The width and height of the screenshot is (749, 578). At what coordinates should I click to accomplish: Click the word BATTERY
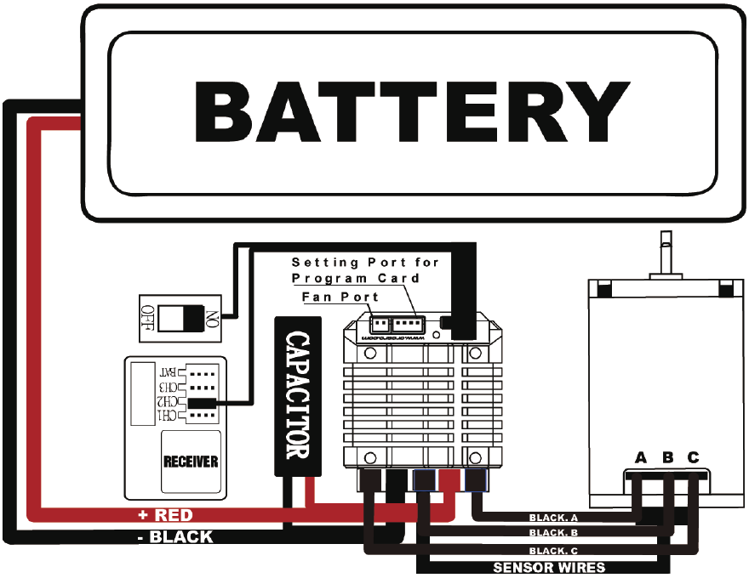click(412, 112)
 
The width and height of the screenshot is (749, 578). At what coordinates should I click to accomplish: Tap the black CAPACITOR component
click(297, 396)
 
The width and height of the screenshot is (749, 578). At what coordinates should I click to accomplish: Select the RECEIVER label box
click(191, 462)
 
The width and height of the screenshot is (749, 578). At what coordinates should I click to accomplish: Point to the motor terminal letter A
click(641, 458)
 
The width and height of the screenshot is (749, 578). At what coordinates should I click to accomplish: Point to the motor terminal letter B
click(668, 458)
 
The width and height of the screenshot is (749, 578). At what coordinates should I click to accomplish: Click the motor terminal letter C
click(694, 458)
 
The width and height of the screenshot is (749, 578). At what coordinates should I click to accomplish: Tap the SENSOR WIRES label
click(549, 567)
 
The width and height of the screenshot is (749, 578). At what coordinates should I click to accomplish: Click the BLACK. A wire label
click(553, 518)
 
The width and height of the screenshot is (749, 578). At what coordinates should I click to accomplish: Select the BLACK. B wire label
click(553, 534)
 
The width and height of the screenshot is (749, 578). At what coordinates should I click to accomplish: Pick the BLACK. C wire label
click(553, 551)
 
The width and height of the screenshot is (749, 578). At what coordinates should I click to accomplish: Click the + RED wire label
click(165, 516)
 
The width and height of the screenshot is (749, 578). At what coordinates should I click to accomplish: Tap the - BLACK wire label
click(175, 537)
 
